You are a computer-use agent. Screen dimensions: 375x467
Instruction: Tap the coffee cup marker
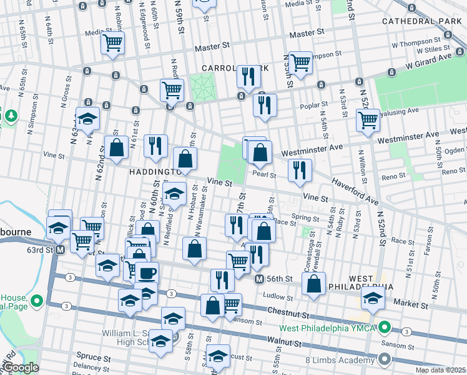coord(147,273)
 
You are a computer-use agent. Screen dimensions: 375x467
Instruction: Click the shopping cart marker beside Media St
coord(113,43)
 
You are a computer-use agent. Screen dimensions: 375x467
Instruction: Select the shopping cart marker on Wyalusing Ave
coord(368,119)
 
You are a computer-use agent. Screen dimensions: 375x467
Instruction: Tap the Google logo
coord(21,367)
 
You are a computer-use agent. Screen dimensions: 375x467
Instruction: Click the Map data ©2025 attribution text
coord(440,370)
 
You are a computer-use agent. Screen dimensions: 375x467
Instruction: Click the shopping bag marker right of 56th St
coord(313,283)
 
